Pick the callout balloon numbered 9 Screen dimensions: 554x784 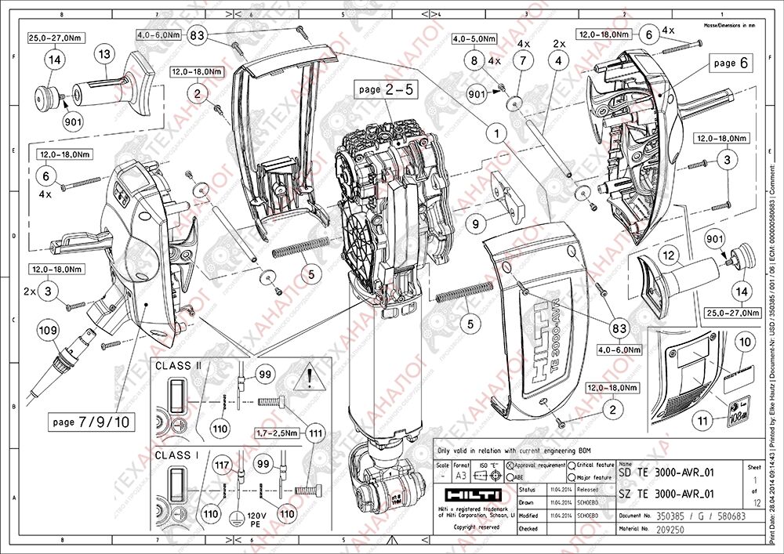pos(476,223)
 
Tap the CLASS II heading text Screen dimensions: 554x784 pos(179,365)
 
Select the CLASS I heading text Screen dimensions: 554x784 pos(177,454)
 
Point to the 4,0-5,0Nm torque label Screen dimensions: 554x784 pos(477,38)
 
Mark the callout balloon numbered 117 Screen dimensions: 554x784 pos(222,465)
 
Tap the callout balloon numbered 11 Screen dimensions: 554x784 pos(703,421)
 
